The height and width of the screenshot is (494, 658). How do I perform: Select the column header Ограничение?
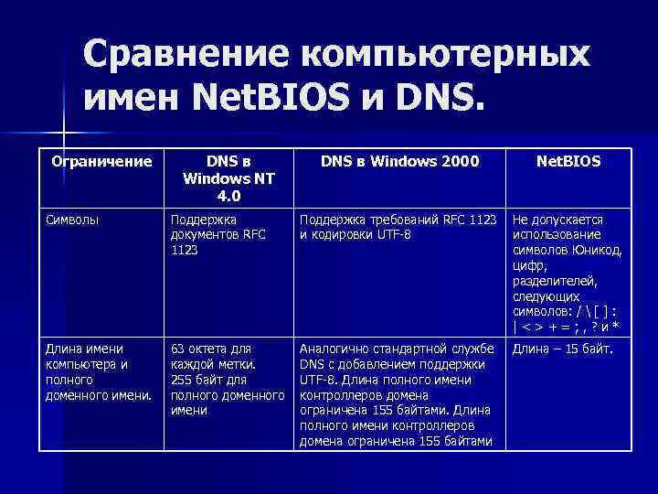[x=101, y=162]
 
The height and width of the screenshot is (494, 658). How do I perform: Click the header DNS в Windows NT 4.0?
[x=223, y=177]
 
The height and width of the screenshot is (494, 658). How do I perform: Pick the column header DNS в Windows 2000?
[x=399, y=162]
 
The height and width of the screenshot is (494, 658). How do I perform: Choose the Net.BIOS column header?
[x=568, y=162]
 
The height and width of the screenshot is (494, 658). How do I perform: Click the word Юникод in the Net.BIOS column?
[x=597, y=251]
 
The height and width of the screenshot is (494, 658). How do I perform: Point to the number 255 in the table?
[x=182, y=380]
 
